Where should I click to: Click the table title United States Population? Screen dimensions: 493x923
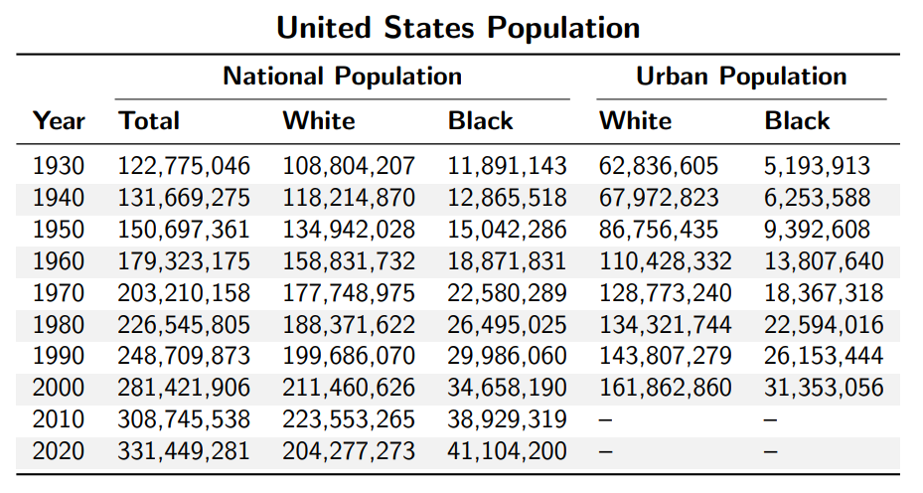458,27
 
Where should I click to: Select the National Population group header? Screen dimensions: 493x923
342,77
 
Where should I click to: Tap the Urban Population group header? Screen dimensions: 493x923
741,77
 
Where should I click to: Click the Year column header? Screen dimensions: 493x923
59,121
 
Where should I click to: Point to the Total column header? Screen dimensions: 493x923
150,121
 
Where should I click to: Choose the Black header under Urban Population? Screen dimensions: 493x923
797,121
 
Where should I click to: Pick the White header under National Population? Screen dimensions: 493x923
319,121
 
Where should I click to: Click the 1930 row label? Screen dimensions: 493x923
59,166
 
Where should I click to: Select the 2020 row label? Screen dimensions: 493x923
59,451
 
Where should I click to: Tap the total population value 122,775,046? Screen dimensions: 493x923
185,166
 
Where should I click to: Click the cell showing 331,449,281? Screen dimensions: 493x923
185,451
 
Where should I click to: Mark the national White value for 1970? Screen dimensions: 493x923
349,293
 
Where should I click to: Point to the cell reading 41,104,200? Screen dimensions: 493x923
508,451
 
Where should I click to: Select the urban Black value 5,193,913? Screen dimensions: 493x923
817,166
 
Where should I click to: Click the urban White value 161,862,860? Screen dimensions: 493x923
665,388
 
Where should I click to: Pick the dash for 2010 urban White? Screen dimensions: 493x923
605,419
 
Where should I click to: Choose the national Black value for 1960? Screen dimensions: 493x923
508,261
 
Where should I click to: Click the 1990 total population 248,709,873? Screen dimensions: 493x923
185,356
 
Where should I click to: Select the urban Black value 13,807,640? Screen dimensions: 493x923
823,261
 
